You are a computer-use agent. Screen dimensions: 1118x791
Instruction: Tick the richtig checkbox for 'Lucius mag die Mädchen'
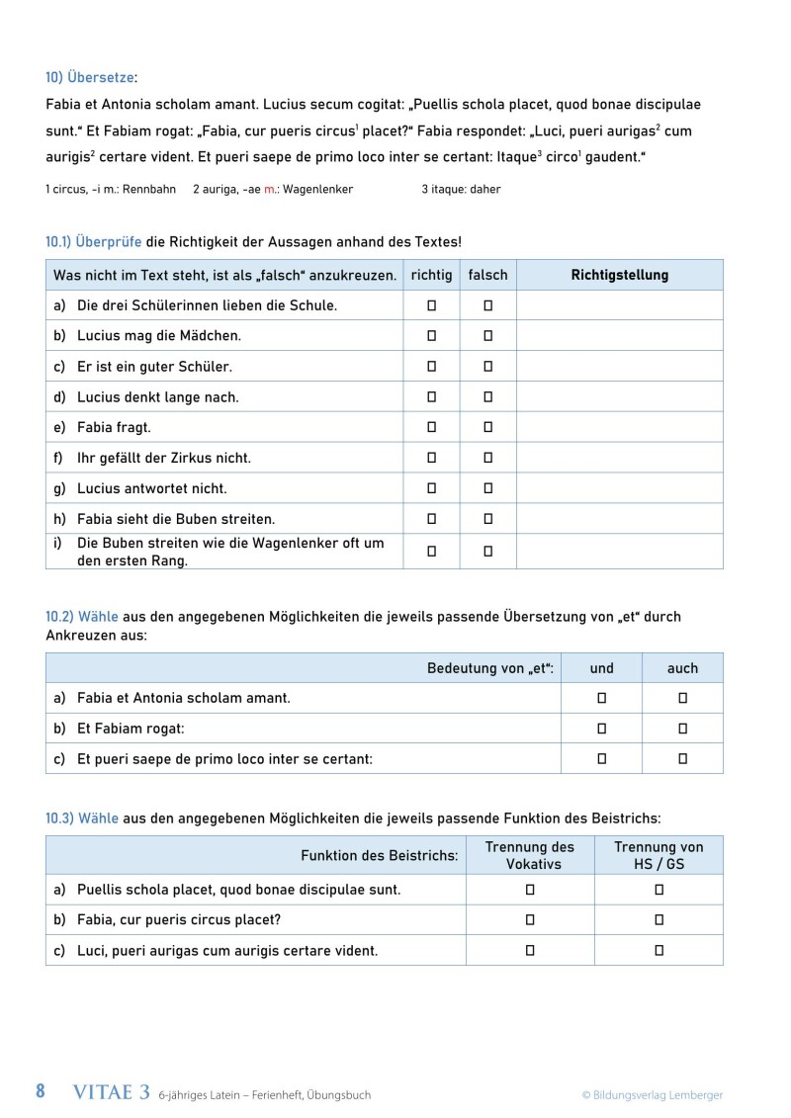pos(431,336)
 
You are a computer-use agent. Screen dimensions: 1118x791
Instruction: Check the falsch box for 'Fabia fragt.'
pos(487,427)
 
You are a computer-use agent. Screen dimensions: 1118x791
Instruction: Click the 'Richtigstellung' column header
pos(619,276)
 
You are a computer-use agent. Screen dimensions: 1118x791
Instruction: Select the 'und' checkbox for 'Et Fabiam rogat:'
pos(601,729)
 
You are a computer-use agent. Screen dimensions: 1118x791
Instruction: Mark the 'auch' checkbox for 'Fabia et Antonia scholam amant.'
pos(682,698)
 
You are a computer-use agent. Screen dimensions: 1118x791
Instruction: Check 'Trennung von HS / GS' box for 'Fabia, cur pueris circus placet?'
pos(659,919)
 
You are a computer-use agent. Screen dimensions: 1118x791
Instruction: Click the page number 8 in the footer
pos(41,1091)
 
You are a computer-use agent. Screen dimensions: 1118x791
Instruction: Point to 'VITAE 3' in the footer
pos(112,1092)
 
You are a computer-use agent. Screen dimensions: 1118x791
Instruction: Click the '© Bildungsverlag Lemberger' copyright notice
pos(652,1094)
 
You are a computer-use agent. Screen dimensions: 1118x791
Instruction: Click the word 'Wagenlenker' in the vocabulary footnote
pos(317,189)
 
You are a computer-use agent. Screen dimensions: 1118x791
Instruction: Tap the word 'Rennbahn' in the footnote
pos(142,189)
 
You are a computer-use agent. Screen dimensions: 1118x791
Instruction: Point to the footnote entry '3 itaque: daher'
pos(461,189)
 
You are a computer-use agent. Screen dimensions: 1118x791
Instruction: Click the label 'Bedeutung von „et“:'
pos(490,668)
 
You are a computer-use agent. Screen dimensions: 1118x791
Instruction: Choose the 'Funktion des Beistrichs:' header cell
pos(379,855)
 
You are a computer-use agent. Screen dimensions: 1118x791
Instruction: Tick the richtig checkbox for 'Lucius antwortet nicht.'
pos(431,488)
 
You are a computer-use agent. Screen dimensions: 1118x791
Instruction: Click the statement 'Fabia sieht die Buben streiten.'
pos(176,519)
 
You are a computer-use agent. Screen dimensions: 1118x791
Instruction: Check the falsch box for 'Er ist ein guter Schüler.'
pos(487,367)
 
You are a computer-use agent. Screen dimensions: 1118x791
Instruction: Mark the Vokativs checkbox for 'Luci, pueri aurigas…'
pos(530,950)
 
